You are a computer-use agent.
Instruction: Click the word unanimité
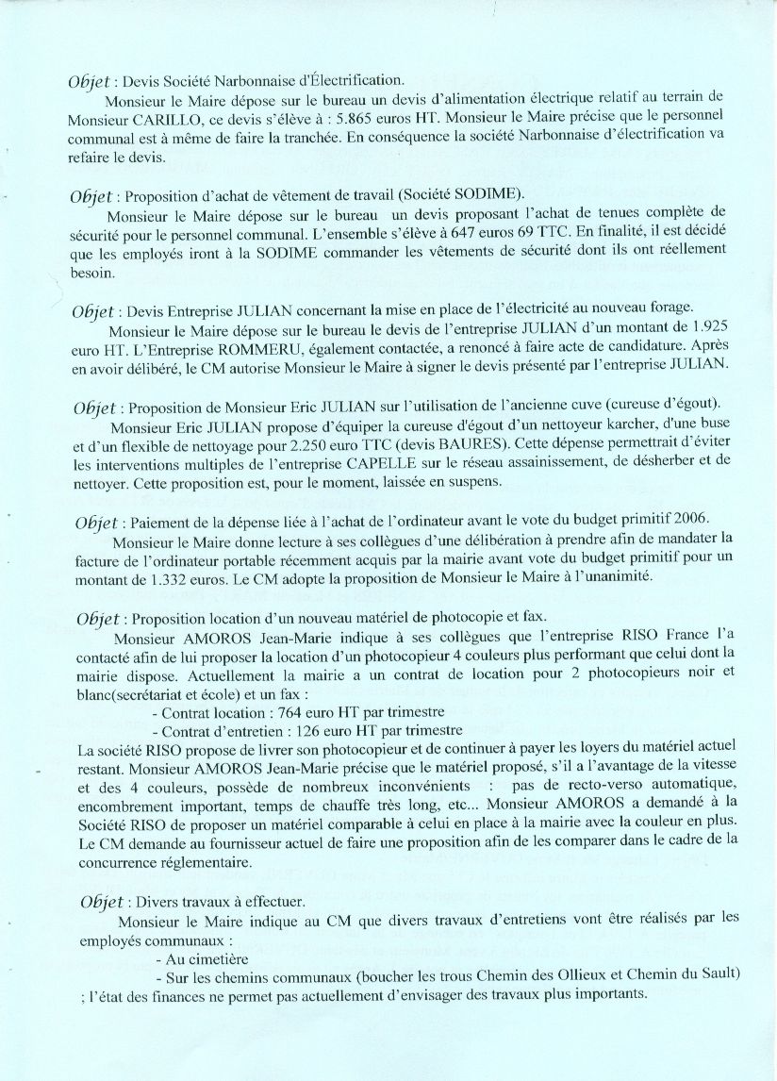[x=618, y=578]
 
